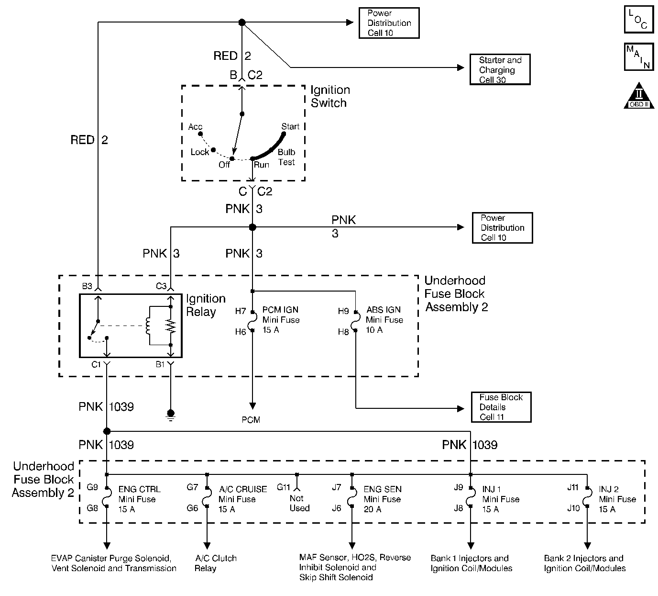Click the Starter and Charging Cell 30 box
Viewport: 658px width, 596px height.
coord(500,69)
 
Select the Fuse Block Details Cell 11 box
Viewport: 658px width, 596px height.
coord(501,407)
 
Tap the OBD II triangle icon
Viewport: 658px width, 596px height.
coord(639,96)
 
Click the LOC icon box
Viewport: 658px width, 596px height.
coord(639,19)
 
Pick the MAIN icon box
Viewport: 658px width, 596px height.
coord(639,57)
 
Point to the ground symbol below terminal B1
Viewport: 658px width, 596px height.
coord(171,415)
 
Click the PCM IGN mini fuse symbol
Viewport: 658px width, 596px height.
coord(251,321)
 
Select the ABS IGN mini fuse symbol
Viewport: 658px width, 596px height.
coord(354,321)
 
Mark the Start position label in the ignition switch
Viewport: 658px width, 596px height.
coord(290,126)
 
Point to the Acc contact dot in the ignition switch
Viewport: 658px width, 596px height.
coord(200,134)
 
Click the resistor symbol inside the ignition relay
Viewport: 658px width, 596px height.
coord(171,326)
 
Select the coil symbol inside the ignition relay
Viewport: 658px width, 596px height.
coord(148,326)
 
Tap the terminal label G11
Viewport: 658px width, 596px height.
coord(284,487)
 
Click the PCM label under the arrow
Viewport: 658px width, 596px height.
coord(251,420)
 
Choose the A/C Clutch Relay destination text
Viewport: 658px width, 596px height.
coord(216,563)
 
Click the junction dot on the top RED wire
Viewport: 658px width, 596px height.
coord(242,22)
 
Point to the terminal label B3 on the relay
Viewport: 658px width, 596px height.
coord(87,286)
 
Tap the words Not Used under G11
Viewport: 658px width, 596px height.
coord(299,503)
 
